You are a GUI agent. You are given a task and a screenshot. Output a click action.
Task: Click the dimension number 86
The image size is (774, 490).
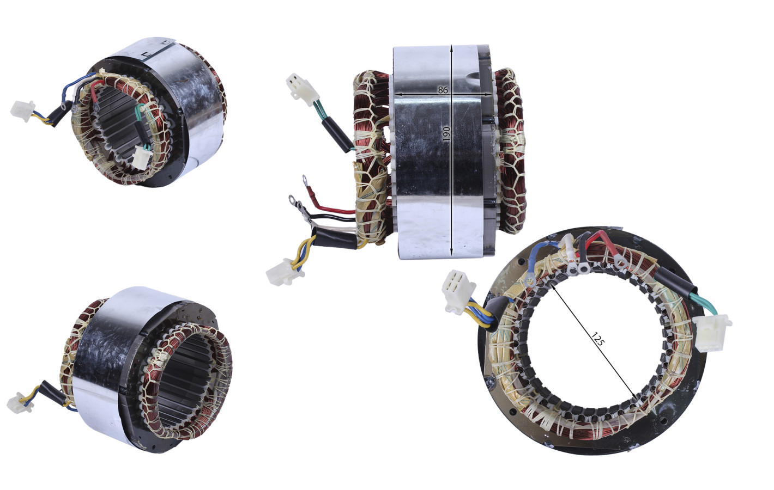pyautogui.click(x=443, y=90)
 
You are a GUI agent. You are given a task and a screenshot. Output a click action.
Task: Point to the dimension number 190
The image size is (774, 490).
pyautogui.click(x=447, y=133)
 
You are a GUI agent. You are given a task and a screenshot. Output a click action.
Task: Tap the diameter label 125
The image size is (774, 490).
pyautogui.click(x=597, y=339)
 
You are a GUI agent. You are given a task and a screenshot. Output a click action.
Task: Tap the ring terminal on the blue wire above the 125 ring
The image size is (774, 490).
pyautogui.click(x=529, y=278)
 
